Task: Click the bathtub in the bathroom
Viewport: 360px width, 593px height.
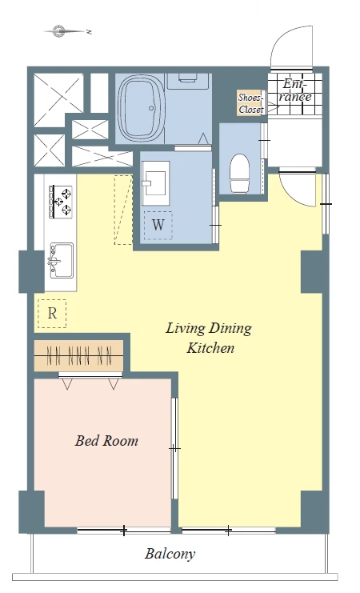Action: pos(141,108)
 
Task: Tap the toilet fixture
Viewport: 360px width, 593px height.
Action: pos(240,172)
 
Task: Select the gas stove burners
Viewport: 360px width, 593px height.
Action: pos(61,201)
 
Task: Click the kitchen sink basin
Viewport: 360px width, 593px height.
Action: pos(62,261)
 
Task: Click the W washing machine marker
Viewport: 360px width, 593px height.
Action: pos(158,226)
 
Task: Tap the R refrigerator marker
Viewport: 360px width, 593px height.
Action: pos(52,314)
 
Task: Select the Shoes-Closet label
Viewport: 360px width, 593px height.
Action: pos(250,103)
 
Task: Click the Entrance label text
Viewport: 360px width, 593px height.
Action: pos(297,90)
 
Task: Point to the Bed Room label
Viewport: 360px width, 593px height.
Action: pos(106,441)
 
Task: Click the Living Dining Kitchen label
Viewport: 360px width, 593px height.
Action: pos(209,338)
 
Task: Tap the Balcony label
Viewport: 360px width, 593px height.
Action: pos(170,554)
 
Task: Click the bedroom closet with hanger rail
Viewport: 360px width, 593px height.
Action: pos(79,356)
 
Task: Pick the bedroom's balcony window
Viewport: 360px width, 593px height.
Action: pos(124,531)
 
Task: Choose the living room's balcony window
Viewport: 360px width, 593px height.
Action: pos(229,531)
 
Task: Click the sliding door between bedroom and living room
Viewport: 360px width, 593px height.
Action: pos(174,448)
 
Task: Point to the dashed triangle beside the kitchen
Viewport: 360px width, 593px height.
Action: pos(124,210)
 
